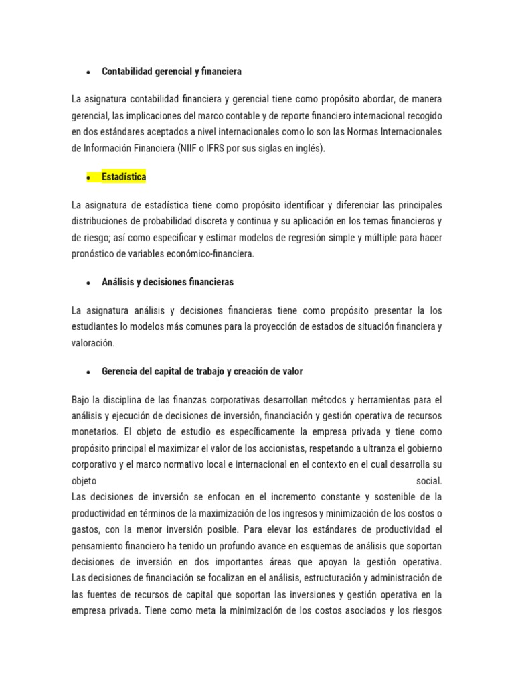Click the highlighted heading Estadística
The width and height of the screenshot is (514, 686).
click(123, 177)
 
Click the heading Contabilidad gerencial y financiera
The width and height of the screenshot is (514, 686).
click(171, 71)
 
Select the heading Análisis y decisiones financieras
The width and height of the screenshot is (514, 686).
click(167, 282)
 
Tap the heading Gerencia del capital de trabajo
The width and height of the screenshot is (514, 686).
click(202, 371)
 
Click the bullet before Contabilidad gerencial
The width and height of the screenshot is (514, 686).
click(88, 72)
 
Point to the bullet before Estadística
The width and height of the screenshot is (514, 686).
click(88, 178)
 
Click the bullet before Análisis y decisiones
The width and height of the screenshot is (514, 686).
click(88, 283)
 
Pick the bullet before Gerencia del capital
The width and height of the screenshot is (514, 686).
click(88, 372)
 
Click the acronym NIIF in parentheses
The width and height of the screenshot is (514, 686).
click(188, 148)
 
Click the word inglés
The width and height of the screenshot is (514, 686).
click(309, 148)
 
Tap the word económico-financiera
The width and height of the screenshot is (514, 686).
click(213, 253)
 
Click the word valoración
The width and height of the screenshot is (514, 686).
click(93, 342)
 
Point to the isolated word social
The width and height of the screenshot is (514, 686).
click(429, 480)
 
